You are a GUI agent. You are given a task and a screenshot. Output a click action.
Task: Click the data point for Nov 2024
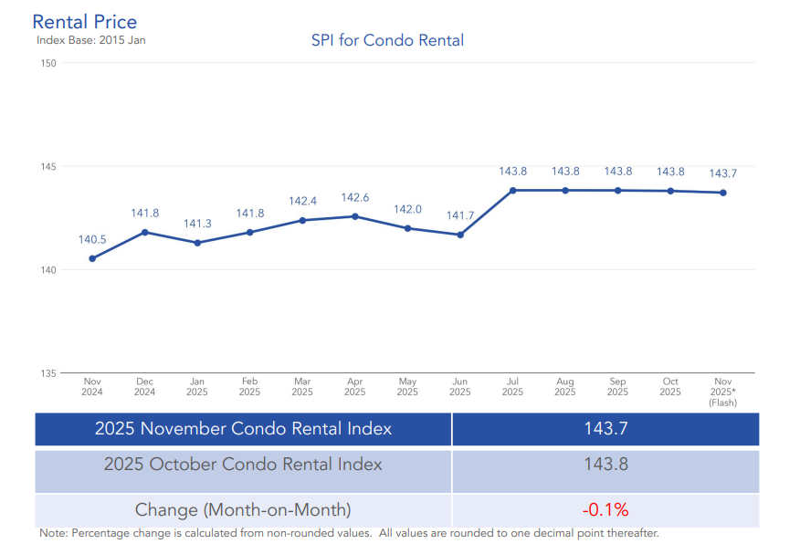[92, 258]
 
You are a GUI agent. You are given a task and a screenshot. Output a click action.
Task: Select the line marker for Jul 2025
[513, 190]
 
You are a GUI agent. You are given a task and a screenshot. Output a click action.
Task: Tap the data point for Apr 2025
[355, 216]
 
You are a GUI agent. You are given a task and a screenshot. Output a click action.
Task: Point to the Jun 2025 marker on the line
[460, 235]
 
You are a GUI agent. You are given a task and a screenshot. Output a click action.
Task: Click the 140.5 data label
[92, 239]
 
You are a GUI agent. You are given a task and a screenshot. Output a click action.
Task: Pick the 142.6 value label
[355, 197]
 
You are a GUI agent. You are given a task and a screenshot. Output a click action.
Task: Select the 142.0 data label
[407, 209]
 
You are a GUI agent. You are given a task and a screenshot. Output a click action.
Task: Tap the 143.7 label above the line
[723, 173]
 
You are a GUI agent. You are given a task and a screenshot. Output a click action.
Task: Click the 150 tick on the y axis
[47, 63]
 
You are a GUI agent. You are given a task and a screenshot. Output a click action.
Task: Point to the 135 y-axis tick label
[47, 373]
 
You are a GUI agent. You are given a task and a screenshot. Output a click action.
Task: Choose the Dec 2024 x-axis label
[144, 387]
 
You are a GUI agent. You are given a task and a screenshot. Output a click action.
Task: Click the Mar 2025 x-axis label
[302, 387]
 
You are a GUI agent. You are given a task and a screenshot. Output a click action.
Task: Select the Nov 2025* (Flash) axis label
[723, 392]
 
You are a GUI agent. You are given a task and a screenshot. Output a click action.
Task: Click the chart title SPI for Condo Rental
[388, 40]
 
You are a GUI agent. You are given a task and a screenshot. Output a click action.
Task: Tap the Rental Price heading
[85, 22]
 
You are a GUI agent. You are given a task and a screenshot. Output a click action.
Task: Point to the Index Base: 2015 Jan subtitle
[90, 40]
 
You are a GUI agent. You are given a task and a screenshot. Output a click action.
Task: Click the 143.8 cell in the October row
[605, 465]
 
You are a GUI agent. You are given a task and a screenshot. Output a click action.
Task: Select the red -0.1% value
[605, 509]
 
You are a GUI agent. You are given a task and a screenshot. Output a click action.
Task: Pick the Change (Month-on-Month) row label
[243, 509]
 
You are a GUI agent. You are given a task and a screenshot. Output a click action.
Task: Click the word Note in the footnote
[53, 533]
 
